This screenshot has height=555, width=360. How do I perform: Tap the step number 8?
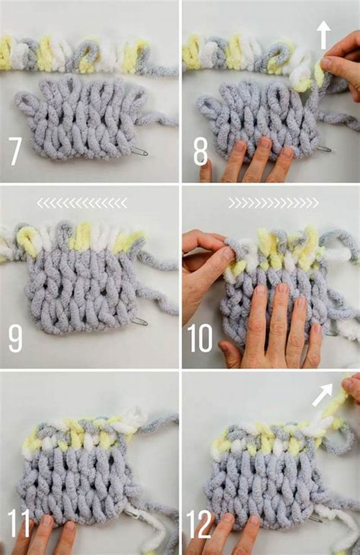coord(200,151)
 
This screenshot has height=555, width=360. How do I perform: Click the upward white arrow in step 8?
coord(323,35)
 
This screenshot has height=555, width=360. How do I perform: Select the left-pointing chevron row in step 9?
coord(81,203)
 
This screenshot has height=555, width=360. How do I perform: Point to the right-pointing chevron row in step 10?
coord(273,203)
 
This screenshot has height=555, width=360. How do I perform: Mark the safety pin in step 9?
coord(140,321)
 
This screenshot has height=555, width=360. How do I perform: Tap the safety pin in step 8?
coord(324,149)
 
